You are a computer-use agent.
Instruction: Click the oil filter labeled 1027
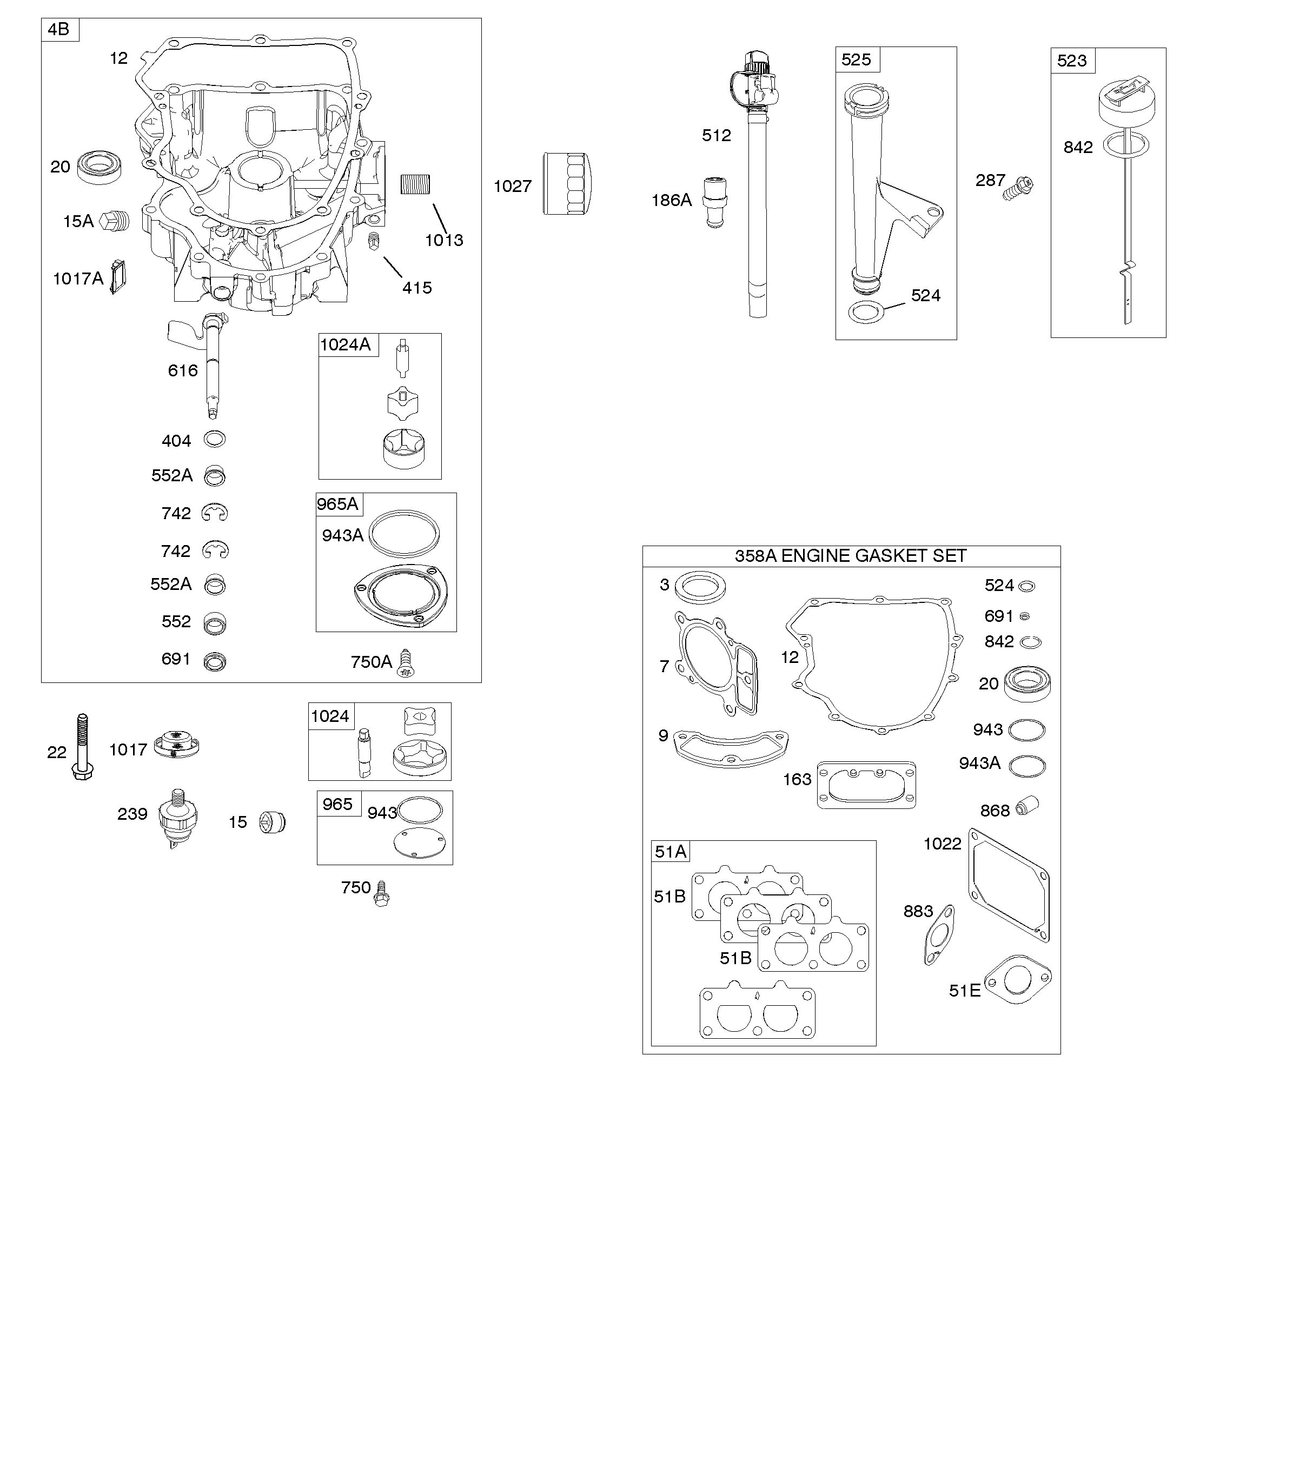pyautogui.click(x=567, y=182)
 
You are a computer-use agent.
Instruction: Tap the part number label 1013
pyautogui.click(x=444, y=240)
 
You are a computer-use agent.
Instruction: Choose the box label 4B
pyautogui.click(x=59, y=29)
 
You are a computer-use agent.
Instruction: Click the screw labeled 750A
pyautogui.click(x=407, y=663)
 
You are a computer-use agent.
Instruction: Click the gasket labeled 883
pyautogui.click(x=939, y=935)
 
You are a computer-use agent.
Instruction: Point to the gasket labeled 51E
pyautogui.click(x=1018, y=979)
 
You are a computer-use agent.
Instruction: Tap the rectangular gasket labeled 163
pyautogui.click(x=866, y=785)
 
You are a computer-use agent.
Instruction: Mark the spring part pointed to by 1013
pyautogui.click(x=415, y=184)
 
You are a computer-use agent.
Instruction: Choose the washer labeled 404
pyautogui.click(x=215, y=439)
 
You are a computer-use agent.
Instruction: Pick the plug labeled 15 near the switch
pyautogui.click(x=272, y=821)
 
